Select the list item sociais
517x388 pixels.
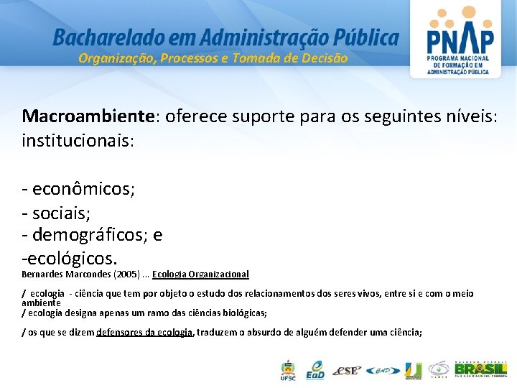tap(60, 213)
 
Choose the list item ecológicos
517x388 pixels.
tap(72, 257)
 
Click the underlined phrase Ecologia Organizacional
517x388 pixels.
tap(200, 274)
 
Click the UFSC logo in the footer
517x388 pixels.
tap(287, 370)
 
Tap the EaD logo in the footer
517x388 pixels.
tap(315, 370)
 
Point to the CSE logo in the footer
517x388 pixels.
tap(348, 371)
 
